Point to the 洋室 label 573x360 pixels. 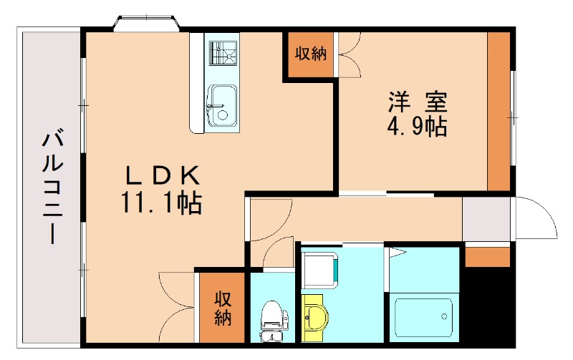click(418, 102)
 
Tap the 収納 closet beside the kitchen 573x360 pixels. click(309, 54)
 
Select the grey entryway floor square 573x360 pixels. click(486, 219)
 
